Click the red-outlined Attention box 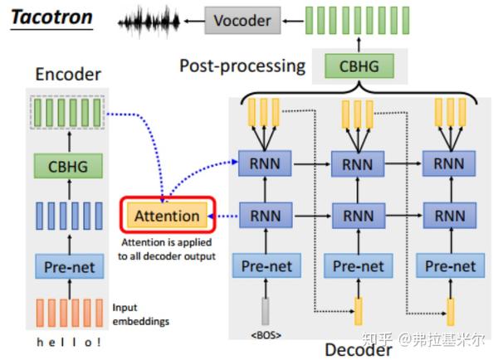[x=167, y=216]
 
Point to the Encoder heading [x=68, y=75]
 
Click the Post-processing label [x=242, y=65]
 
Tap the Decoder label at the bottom [x=358, y=348]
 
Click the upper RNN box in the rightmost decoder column [x=451, y=164]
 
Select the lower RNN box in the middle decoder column [x=358, y=216]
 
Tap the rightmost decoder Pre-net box [x=451, y=266]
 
